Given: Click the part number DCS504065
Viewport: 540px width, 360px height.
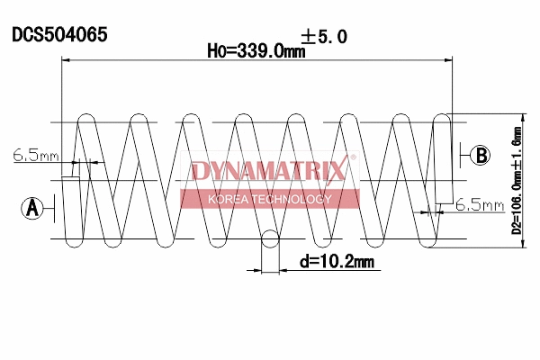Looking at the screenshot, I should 59,35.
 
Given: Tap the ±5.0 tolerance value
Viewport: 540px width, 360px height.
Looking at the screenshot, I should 325,36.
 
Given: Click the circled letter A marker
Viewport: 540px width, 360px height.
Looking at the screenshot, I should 32,209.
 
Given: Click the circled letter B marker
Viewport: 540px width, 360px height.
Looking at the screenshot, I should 481,155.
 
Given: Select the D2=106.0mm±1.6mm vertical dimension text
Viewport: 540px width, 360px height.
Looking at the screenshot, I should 517,180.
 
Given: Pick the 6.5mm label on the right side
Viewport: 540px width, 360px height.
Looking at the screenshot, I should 479,205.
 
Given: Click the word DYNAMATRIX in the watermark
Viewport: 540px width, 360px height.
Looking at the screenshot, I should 267,172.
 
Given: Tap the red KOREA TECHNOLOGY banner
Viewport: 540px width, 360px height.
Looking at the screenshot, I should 269,199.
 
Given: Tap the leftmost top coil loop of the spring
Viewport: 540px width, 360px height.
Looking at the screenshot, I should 87,120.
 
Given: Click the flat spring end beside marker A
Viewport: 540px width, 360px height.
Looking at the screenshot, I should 71,209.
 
